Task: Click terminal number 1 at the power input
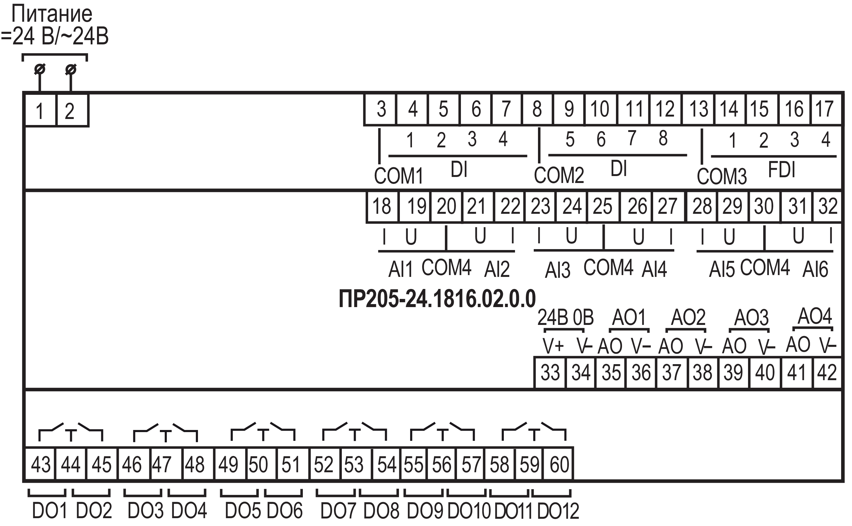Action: [x=40, y=111]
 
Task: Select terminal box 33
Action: [x=550, y=373]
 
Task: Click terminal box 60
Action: [x=559, y=464]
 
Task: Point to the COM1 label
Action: [x=398, y=176]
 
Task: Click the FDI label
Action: [x=782, y=170]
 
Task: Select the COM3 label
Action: [x=721, y=176]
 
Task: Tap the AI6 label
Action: [x=815, y=269]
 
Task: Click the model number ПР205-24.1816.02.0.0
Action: [x=437, y=299]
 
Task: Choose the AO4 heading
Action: [x=815, y=316]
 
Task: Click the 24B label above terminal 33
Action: [x=552, y=317]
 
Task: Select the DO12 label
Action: [x=558, y=511]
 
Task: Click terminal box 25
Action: [x=603, y=206]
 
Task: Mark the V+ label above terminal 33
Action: [x=553, y=345]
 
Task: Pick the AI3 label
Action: [x=557, y=270]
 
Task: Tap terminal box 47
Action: [x=162, y=464]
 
